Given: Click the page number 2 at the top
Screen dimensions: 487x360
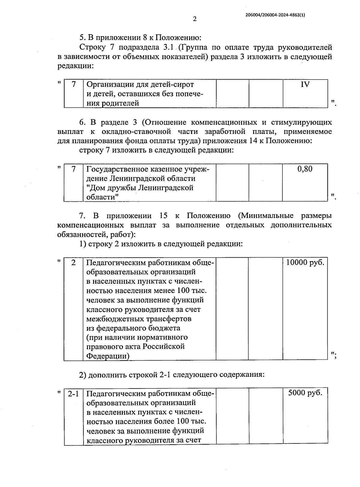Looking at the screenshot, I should (x=195, y=19).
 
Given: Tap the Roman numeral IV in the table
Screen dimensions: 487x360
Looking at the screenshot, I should (x=305, y=85).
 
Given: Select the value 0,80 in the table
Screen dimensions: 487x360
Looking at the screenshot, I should (x=305, y=169).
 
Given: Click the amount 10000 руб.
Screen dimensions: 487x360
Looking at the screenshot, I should (x=305, y=263).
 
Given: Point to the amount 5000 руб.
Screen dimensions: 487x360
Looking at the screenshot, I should (x=305, y=393).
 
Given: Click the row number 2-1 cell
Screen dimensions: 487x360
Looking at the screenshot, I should (x=73, y=393).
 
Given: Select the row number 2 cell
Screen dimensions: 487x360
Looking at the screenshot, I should (x=73, y=263).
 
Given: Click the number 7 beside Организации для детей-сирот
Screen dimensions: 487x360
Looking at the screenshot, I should (x=73, y=85).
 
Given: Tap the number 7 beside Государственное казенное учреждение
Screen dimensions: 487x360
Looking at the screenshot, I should (x=73, y=169).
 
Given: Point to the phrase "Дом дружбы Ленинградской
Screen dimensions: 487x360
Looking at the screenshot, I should (x=140, y=188).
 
